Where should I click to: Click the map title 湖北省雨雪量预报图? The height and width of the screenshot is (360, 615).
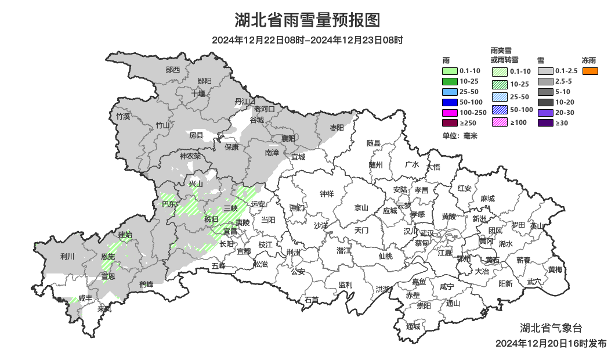pyautogui.click(x=307, y=20)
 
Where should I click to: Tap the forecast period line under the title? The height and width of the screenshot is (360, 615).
pyautogui.click(x=307, y=40)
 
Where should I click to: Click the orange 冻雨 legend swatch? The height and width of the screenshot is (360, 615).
pyautogui.click(x=591, y=71)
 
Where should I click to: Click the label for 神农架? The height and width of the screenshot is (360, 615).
pyautogui.click(x=190, y=156)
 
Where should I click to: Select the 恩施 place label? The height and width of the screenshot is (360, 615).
pyautogui.click(x=108, y=256)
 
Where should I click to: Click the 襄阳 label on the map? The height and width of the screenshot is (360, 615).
pyautogui.click(x=288, y=138)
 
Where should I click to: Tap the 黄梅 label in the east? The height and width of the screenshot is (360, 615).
pyautogui.click(x=555, y=269)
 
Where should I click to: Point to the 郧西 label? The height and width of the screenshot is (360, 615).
pyautogui.click(x=173, y=70)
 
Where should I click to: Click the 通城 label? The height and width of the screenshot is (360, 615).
pyautogui.click(x=413, y=326)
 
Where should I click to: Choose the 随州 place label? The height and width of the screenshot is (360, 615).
pyautogui.click(x=376, y=164)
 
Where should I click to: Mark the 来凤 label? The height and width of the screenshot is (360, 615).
pyautogui.click(x=104, y=309)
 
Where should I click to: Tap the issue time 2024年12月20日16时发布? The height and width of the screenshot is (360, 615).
pyautogui.click(x=551, y=343)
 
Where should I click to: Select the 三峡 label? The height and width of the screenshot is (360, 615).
pyautogui.click(x=230, y=208)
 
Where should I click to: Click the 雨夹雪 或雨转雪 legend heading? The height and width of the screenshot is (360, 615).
pyautogui.click(x=504, y=55)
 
